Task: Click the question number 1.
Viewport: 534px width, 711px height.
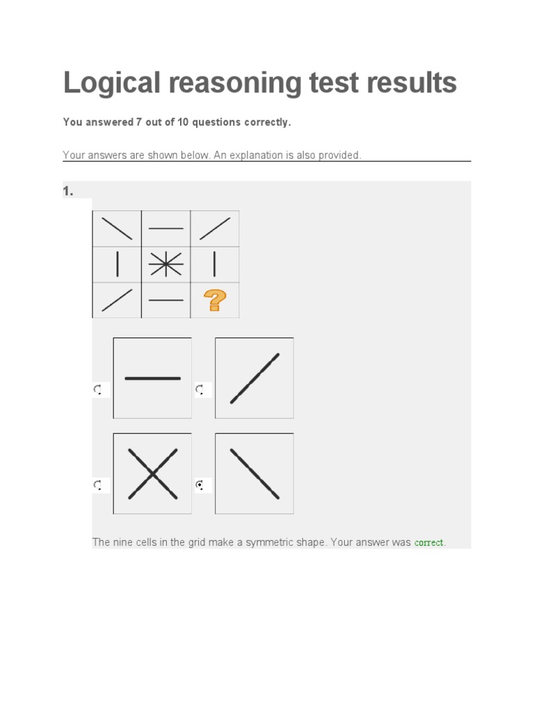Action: (x=67, y=191)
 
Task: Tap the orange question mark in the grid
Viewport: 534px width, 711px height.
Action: (x=215, y=301)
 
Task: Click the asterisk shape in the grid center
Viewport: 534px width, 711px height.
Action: (x=166, y=265)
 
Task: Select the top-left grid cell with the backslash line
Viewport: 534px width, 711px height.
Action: (x=117, y=228)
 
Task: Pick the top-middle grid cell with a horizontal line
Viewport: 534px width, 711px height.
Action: (x=166, y=228)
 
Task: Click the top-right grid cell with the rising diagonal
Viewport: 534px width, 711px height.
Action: (x=215, y=228)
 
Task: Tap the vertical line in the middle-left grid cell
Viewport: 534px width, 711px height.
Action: (x=117, y=265)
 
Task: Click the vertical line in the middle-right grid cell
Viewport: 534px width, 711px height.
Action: (x=215, y=265)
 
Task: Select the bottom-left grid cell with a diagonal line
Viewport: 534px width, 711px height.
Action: (x=117, y=301)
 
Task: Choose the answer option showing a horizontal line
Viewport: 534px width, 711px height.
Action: (x=152, y=378)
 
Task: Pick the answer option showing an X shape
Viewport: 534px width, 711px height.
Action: (x=152, y=474)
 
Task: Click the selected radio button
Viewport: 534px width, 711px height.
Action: (x=200, y=485)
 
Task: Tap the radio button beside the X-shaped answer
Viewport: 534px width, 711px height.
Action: (x=98, y=485)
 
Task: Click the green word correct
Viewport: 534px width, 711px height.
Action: (x=429, y=542)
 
